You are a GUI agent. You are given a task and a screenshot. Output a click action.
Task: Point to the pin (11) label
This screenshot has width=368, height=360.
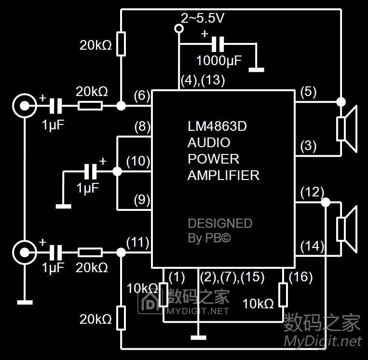137,243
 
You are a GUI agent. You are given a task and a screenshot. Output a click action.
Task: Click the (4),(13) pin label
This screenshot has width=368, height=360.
203,80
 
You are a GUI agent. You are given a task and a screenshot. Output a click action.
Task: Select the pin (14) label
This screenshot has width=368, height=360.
312,247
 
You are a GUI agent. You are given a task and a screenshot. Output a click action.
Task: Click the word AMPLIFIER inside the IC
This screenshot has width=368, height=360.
223,175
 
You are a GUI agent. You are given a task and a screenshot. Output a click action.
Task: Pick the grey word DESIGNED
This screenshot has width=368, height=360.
220,223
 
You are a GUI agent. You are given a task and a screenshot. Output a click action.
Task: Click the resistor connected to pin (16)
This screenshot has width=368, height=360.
283,295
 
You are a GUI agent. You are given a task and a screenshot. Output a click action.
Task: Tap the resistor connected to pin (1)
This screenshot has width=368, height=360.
164,295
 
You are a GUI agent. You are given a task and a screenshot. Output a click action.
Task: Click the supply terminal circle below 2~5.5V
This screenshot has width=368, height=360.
179,29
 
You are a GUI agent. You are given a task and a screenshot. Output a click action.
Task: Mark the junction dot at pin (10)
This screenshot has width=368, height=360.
116,171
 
